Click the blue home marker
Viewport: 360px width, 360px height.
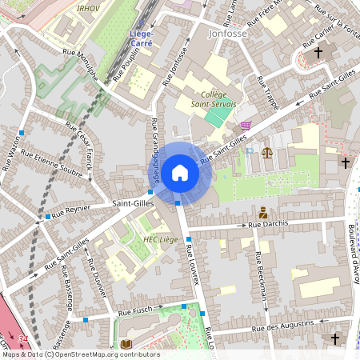pos(180,173)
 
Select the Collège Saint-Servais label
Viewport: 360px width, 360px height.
pos(210,98)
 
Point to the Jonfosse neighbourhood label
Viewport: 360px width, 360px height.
pos(227,34)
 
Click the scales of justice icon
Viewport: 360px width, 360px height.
pos(266,150)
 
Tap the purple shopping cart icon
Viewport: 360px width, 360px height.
pos(246,125)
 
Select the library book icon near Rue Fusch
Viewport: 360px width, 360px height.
pos(126,344)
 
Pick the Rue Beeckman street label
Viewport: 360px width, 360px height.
pos(260,277)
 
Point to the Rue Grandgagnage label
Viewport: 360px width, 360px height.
pos(155,152)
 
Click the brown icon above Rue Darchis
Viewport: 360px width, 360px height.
pos(262,213)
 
